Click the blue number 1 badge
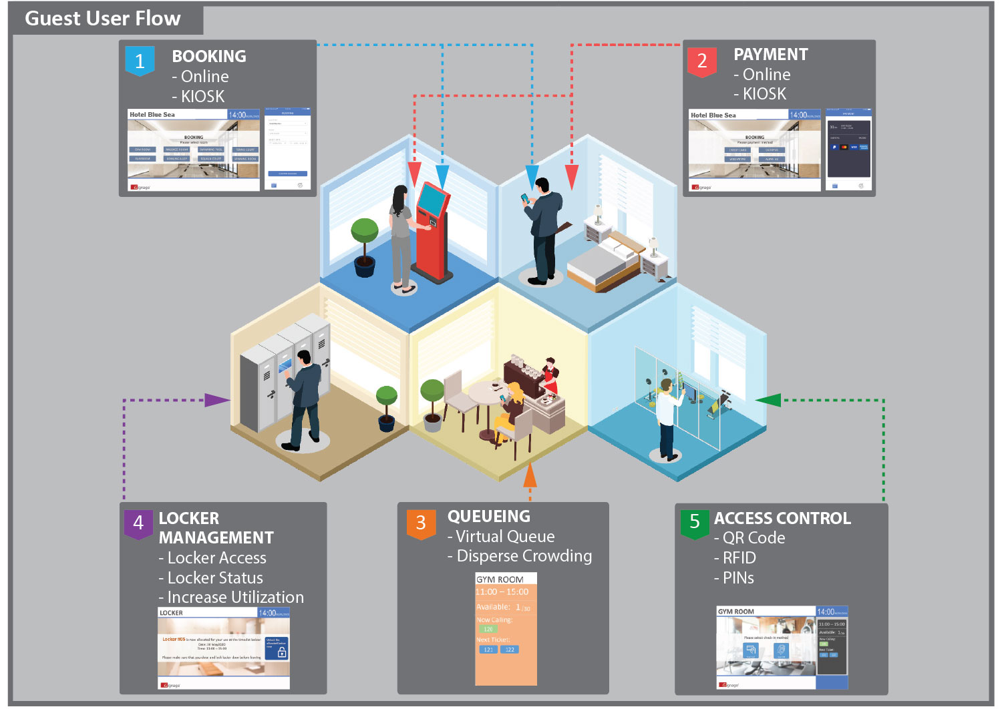pyautogui.click(x=140, y=61)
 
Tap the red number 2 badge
pyautogui.click(x=701, y=61)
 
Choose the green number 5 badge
pyautogui.click(x=694, y=522)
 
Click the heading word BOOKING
pyautogui.click(x=208, y=56)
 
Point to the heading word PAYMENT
pyautogui.click(x=770, y=54)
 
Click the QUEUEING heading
pyautogui.click(x=488, y=516)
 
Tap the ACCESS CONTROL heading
pyautogui.click(x=782, y=518)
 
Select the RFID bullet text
pyautogui.click(x=739, y=557)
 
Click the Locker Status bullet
pyautogui.click(x=214, y=577)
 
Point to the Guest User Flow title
pyautogui.click(x=103, y=18)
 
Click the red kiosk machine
pyautogui.click(x=432, y=227)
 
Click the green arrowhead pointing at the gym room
pyautogui.click(x=768, y=400)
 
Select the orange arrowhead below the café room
pyautogui.click(x=530, y=475)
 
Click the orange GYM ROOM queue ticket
pyautogui.click(x=506, y=628)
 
